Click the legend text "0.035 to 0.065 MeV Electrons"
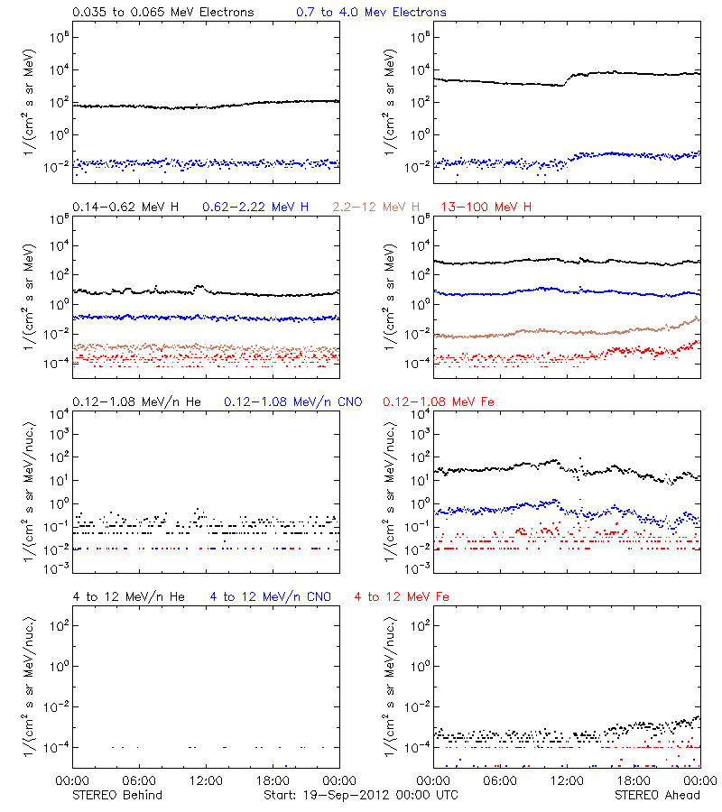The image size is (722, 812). point(162,13)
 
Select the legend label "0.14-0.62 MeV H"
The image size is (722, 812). point(125,208)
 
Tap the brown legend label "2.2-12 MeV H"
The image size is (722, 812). point(376,208)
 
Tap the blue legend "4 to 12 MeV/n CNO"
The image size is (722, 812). point(270,597)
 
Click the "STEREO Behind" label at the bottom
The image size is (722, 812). point(116,795)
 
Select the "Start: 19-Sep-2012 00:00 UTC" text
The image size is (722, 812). point(360,795)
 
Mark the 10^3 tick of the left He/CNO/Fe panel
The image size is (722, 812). point(56,434)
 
